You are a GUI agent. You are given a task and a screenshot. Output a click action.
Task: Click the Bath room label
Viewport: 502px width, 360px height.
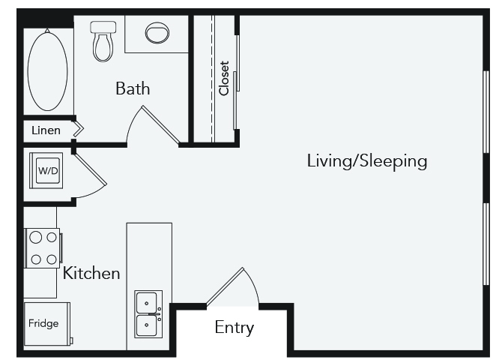[133, 88]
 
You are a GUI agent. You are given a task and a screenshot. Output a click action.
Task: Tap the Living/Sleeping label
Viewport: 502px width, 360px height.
[366, 160]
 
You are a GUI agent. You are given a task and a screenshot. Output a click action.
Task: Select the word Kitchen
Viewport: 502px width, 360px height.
[91, 273]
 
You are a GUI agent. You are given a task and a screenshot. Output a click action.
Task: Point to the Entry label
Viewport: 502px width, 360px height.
[235, 328]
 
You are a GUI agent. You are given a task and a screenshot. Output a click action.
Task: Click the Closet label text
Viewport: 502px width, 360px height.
[224, 78]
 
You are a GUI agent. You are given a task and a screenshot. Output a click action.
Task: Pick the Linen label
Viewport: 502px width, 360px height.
[46, 130]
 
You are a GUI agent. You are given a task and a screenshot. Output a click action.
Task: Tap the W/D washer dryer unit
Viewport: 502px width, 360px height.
[48, 171]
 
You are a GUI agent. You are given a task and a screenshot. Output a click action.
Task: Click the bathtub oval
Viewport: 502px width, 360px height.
[48, 70]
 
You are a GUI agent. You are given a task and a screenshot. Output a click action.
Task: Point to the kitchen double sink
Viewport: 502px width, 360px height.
[149, 314]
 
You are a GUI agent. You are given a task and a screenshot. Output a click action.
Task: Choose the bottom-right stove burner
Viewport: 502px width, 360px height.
[52, 259]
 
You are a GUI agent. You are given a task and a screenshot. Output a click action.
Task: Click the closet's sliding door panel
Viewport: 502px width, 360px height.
[237, 82]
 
